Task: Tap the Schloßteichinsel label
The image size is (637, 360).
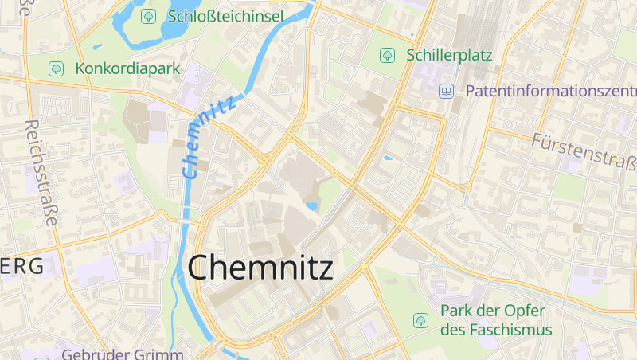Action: click(x=225, y=16)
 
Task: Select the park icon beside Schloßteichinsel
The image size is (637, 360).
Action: click(x=148, y=16)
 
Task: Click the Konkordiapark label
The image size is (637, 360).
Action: click(x=128, y=68)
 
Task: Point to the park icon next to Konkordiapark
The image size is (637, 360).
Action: click(x=56, y=68)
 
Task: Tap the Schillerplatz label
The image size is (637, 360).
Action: click(x=449, y=55)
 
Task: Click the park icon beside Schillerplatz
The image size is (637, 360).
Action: click(x=387, y=55)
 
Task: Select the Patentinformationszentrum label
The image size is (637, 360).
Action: click(x=549, y=91)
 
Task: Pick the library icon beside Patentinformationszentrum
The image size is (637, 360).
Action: click(x=446, y=91)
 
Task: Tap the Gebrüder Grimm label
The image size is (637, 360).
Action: click(x=123, y=354)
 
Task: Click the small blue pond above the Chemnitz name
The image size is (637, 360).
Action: click(x=311, y=206)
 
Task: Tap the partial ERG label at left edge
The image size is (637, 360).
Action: click(x=22, y=267)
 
